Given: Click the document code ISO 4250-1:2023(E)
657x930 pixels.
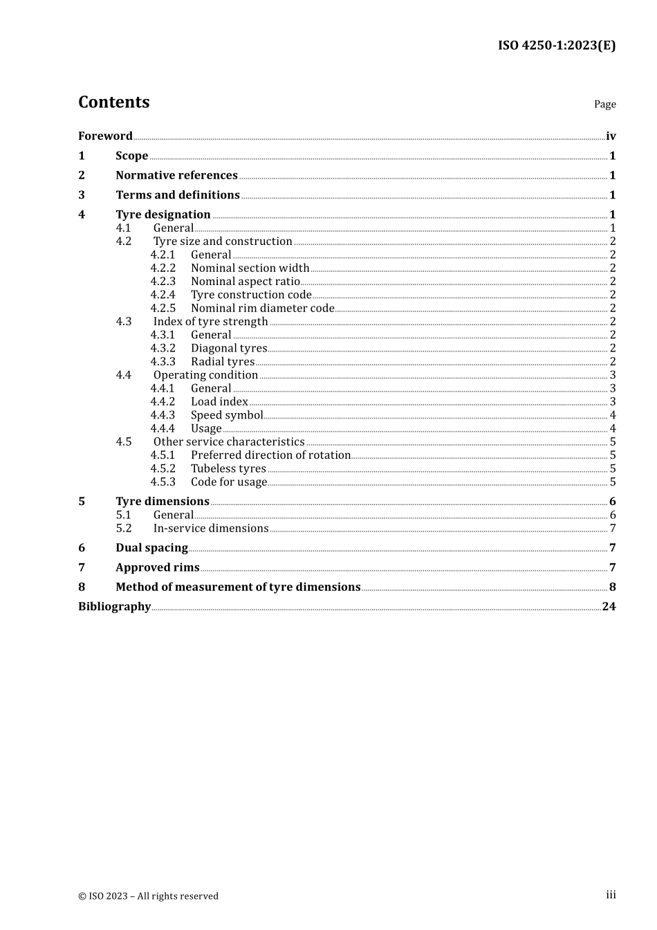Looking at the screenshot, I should [x=556, y=46].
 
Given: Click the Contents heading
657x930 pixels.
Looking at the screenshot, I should [x=113, y=102].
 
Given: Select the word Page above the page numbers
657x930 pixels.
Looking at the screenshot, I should [x=604, y=104].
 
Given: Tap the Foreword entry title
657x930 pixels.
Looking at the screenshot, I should [x=105, y=136].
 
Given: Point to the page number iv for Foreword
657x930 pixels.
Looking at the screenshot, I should [x=611, y=136].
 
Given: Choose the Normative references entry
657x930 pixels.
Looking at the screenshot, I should [x=176, y=176].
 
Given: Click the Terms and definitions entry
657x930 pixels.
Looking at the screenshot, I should [x=178, y=195].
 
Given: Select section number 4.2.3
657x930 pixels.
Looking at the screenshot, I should [x=163, y=282].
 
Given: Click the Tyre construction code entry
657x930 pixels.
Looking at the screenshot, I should [x=251, y=295].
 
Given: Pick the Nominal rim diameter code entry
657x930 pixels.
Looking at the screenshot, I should [x=262, y=309].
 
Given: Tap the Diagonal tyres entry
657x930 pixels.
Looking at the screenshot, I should [x=229, y=349].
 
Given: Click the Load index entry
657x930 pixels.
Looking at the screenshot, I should [x=219, y=402].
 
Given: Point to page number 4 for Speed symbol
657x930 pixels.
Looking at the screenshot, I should [x=613, y=415].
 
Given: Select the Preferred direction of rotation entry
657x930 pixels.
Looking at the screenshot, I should [x=270, y=455].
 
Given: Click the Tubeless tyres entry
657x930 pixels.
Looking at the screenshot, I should [x=228, y=469].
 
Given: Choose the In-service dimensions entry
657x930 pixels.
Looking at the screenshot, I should [x=211, y=529].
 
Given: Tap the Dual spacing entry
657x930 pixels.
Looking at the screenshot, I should [x=151, y=548].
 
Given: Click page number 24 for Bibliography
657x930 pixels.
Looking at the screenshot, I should [x=609, y=607].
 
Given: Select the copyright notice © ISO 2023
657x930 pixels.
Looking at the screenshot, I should [x=148, y=896].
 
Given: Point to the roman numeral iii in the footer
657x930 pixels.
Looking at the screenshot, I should [x=611, y=895].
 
